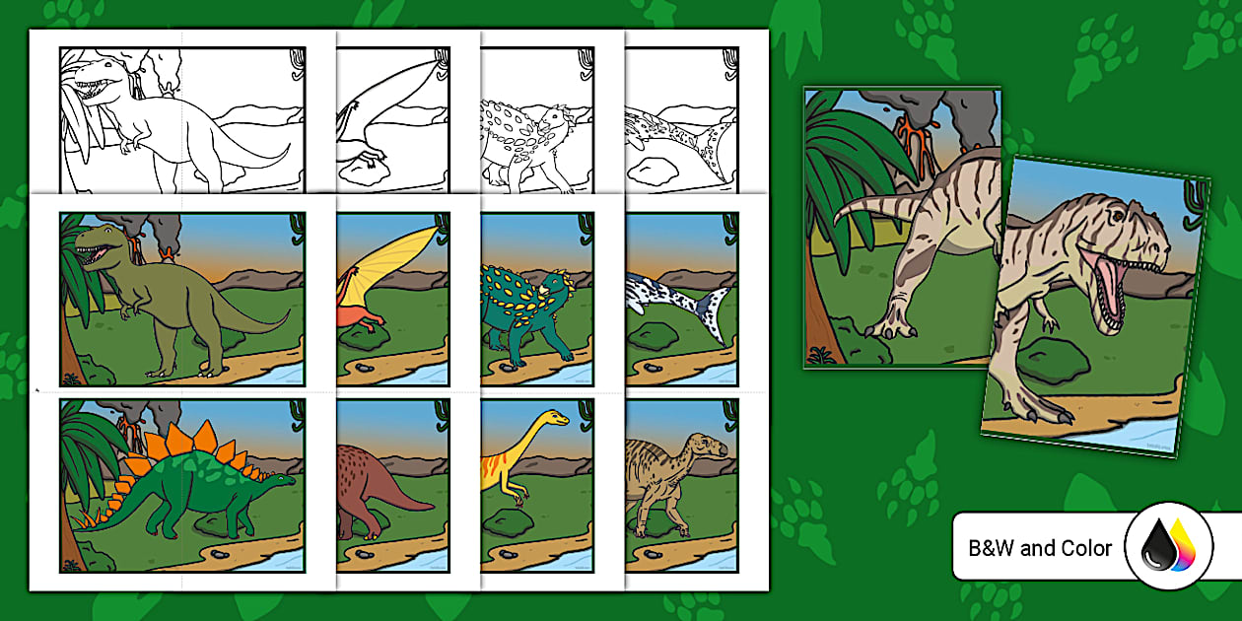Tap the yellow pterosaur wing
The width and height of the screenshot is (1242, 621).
[394, 261]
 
